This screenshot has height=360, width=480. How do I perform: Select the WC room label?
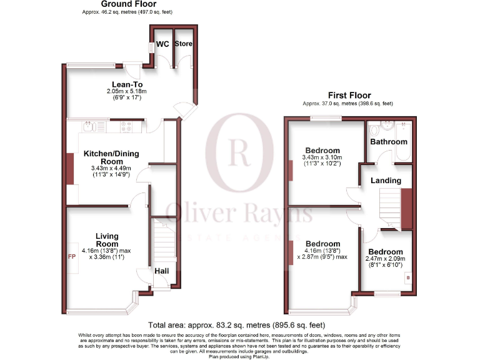pyautogui.click(x=162, y=44)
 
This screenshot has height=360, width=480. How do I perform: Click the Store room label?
pyautogui.click(x=184, y=44)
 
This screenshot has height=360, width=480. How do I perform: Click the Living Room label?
pyautogui.click(x=107, y=240)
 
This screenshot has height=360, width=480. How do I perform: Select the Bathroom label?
pyautogui.click(x=388, y=142)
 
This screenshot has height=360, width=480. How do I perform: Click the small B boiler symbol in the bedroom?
pyautogui.click(x=407, y=276)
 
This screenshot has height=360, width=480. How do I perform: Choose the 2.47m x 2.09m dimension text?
pyautogui.click(x=385, y=259)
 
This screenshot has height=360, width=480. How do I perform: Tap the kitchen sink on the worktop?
pyautogui.click(x=91, y=127)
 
